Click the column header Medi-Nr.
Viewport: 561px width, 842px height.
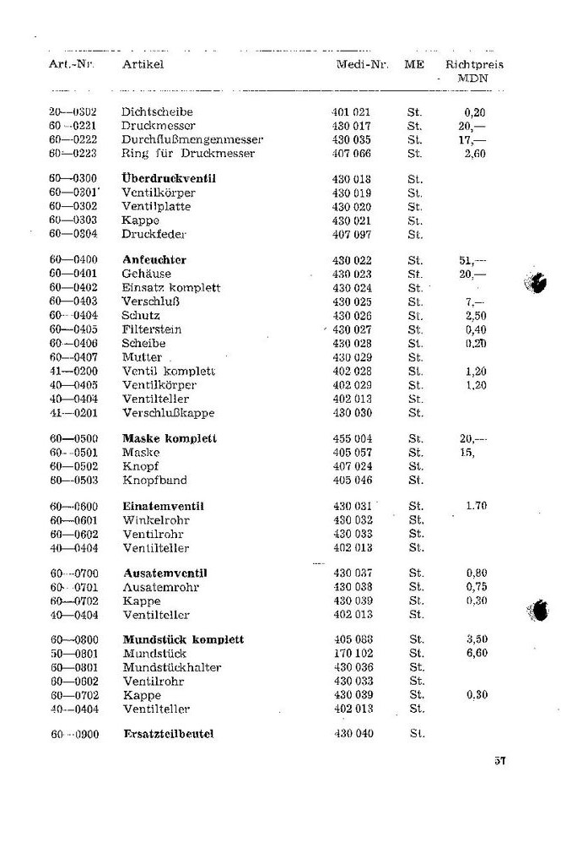(362, 64)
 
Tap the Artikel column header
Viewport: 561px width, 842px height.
(143, 64)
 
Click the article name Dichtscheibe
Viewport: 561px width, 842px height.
(157, 111)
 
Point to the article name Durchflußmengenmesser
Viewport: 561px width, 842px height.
(192, 139)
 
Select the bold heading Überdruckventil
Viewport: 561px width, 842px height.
(169, 179)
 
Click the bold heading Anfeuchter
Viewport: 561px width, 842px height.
(154, 260)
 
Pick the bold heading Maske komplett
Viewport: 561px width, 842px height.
(170, 439)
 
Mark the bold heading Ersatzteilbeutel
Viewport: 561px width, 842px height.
(169, 735)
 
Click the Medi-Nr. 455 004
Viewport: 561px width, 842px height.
(353, 439)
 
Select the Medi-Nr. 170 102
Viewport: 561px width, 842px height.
(353, 654)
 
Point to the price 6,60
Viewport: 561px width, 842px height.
(476, 654)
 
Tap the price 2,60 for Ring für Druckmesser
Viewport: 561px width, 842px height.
(476, 154)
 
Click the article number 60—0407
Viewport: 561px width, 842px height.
(73, 357)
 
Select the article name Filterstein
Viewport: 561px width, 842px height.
(152, 329)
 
